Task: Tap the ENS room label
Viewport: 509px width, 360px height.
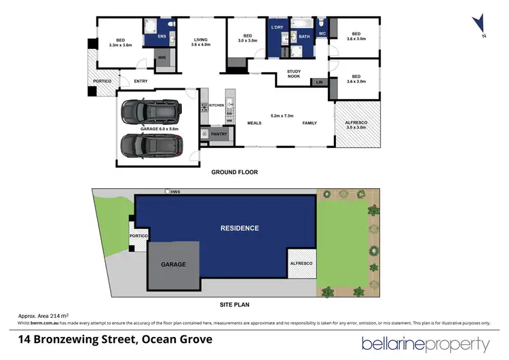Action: (162, 36)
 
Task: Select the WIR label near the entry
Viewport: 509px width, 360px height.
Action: (162, 58)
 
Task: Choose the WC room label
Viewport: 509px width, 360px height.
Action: (322, 33)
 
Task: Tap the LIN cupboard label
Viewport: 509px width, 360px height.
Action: (319, 82)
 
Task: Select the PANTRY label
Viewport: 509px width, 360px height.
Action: (219, 134)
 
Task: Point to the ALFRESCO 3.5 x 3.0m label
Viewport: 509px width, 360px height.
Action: (356, 125)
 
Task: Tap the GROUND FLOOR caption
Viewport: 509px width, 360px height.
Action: (234, 173)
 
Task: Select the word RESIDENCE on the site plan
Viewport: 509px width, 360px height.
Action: (240, 228)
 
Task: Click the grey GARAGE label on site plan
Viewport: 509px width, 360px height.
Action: (172, 264)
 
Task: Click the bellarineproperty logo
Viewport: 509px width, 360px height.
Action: (426, 344)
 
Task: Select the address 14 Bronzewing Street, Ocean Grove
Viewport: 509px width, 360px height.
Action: (115, 339)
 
